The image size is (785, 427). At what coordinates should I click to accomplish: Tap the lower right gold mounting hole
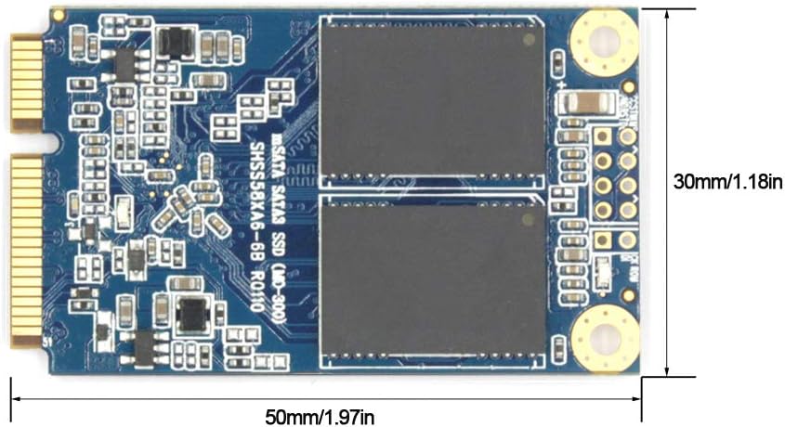pyautogui.click(x=604, y=338)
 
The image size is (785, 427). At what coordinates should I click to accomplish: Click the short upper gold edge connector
pyautogui.click(x=27, y=82)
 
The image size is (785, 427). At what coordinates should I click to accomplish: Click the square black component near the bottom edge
pyautogui.click(x=192, y=316)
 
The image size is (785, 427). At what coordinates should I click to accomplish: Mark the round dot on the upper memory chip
pyautogui.click(x=530, y=39)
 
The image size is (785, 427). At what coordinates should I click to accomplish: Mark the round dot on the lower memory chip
pyautogui.click(x=530, y=219)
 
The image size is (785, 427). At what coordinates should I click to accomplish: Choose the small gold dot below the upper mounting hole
pyautogui.click(x=628, y=86)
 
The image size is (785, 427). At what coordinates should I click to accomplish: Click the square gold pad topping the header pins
pyautogui.click(x=602, y=136)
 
